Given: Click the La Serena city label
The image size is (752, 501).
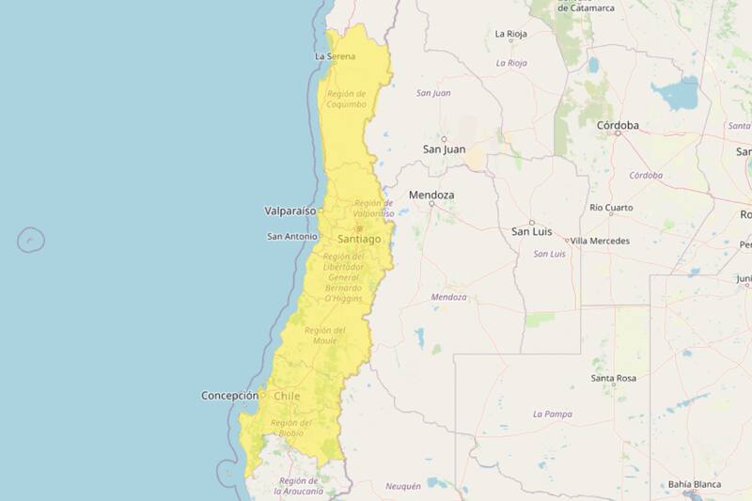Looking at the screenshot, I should [x=336, y=56].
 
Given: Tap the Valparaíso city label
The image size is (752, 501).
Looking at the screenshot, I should [x=290, y=211].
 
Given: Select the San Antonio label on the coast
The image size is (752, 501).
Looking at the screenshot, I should [x=292, y=236].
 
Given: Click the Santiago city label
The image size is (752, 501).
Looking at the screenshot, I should [x=359, y=240].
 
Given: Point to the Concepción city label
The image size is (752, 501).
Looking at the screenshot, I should [x=229, y=396].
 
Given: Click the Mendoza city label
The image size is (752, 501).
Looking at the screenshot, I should [x=431, y=195].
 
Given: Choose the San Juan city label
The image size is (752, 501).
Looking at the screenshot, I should [x=444, y=149].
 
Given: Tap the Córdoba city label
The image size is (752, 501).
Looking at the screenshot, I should [x=618, y=125].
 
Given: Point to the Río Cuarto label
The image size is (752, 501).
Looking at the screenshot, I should [x=611, y=207].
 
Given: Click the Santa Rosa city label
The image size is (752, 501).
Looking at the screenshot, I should [x=613, y=378].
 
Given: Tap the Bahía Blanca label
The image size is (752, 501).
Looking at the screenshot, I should [x=696, y=485].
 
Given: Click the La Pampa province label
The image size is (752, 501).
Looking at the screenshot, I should [x=552, y=414].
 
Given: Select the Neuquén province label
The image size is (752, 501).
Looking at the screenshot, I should [x=403, y=486].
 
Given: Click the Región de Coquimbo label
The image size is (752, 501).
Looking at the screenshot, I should [x=346, y=99].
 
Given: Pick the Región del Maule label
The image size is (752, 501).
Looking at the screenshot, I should [x=325, y=335].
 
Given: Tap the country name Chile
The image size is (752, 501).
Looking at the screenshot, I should [x=287, y=397].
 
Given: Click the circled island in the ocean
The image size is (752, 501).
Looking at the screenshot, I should [x=31, y=240].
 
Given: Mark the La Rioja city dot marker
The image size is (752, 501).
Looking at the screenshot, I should [x=511, y=40].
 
